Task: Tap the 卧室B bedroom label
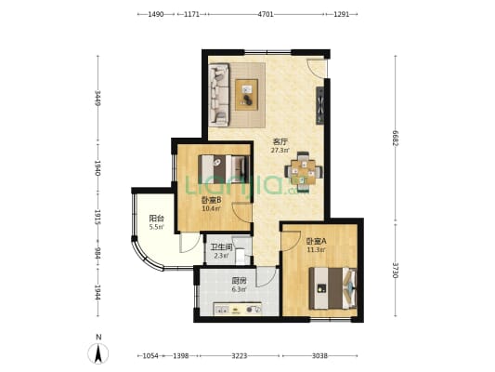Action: click(x=211, y=200)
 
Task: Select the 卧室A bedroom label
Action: click(x=317, y=242)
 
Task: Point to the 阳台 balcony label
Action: click(x=157, y=219)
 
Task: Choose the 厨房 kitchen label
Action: click(x=239, y=280)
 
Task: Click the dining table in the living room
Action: click(x=304, y=172)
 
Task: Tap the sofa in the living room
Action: click(x=219, y=95)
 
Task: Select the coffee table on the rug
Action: click(x=246, y=95)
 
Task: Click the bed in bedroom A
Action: click(x=332, y=288)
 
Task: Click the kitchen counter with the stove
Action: click(x=238, y=309)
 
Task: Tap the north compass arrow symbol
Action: click(x=98, y=353)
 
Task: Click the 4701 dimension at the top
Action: click(x=266, y=14)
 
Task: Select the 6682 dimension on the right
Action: click(x=395, y=139)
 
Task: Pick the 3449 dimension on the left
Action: click(x=98, y=99)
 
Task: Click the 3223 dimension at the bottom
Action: click(x=240, y=356)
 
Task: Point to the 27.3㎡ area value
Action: click(x=280, y=151)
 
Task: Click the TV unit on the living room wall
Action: click(x=320, y=105)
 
